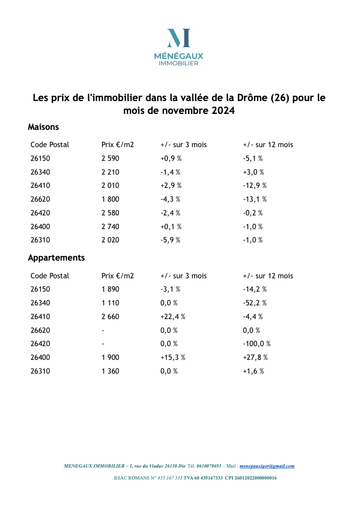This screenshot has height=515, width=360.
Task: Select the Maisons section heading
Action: pyautogui.click(x=43, y=127)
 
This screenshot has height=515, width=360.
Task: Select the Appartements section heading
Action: pyautogui.click(x=56, y=258)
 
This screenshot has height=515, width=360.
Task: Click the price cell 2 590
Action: pyautogui.click(x=110, y=158)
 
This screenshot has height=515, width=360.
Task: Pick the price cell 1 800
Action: pyautogui.click(x=110, y=199)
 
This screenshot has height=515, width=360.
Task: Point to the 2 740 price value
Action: pyautogui.click(x=110, y=227)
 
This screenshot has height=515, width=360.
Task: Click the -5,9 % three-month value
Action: pyautogui.click(x=170, y=241)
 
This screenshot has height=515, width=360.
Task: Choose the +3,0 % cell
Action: pyautogui.click(x=253, y=172)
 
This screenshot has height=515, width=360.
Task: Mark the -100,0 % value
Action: pyautogui.click(x=257, y=344)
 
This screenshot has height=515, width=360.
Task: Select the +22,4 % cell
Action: pyautogui.click(x=172, y=317)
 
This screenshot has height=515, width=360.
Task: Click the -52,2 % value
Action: pyautogui.click(x=255, y=303)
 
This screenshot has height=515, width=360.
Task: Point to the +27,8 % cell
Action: pyautogui.click(x=255, y=358)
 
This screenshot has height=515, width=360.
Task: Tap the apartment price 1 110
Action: pyautogui.click(x=110, y=303)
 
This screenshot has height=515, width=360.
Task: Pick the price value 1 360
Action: pyautogui.click(x=110, y=371)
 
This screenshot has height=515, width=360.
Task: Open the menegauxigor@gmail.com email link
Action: pyautogui.click(x=267, y=466)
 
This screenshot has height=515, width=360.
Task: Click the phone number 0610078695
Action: pyautogui.click(x=209, y=466)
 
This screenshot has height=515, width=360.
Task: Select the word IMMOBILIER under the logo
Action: pyautogui.click(x=178, y=63)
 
